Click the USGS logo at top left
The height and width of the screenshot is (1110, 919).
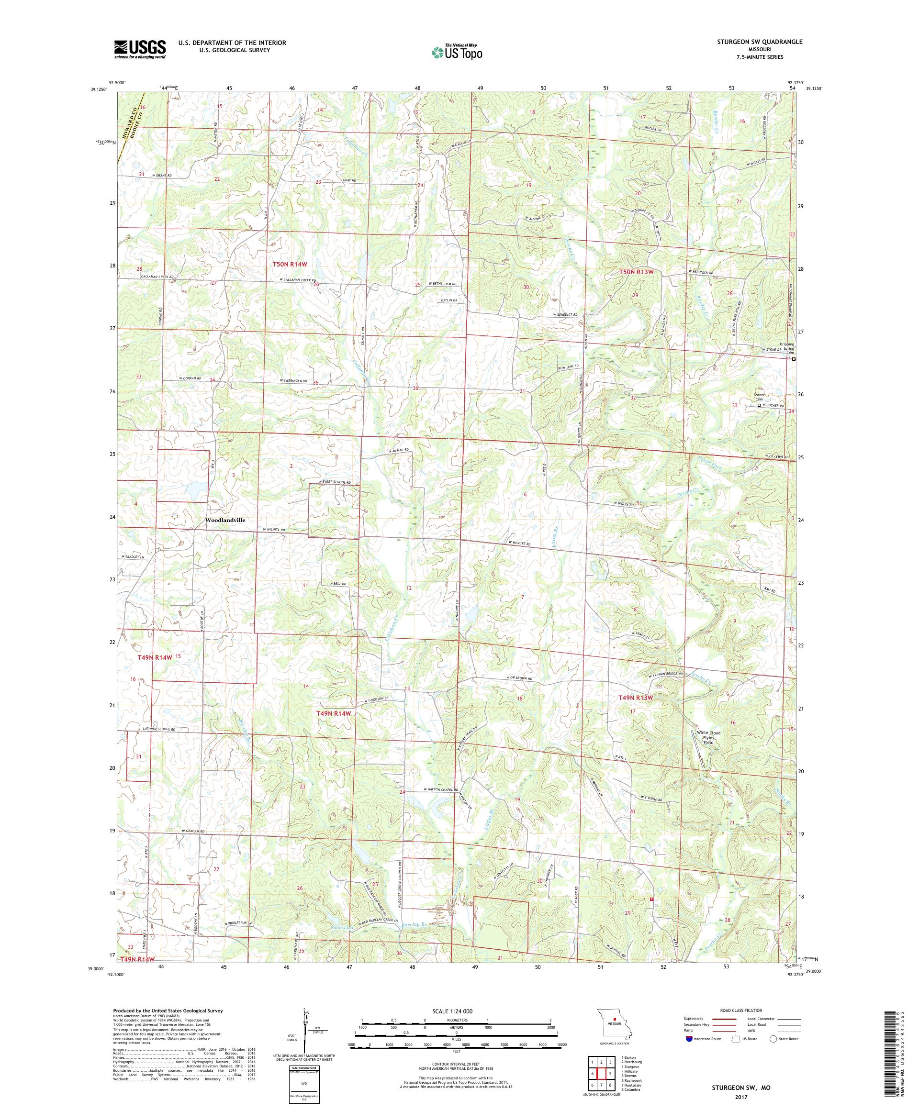[140, 50]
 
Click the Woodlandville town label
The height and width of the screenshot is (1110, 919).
[225, 520]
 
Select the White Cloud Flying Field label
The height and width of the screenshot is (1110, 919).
[708, 737]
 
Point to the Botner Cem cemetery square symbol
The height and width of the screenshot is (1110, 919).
[759, 405]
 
